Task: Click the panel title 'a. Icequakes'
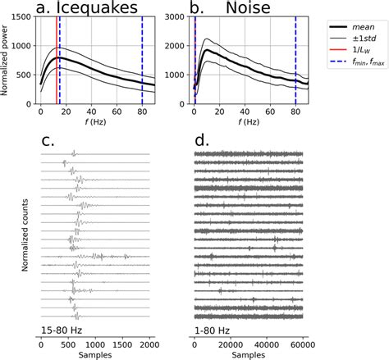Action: tap(87, 7)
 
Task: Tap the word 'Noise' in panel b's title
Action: tap(248, 7)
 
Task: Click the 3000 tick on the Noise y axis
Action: tap(175, 17)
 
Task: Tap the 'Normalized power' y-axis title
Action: tap(4, 60)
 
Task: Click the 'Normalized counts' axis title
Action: tap(25, 235)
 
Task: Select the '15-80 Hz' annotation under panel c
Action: tap(62, 330)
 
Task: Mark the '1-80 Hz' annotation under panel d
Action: tap(212, 330)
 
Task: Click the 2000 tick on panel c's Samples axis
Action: tap(149, 344)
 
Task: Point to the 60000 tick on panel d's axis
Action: tap(303, 344)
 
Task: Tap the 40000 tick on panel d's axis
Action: tap(267, 344)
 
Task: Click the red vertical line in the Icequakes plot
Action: tap(57, 60)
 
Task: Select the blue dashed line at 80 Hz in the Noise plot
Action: tap(295, 60)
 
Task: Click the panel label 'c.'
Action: tap(48, 141)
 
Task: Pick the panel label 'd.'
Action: tap(202, 141)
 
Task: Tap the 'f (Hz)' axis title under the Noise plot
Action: tap(249, 121)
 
